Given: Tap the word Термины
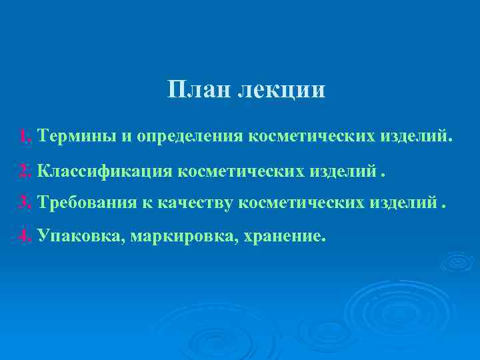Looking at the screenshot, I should pos(77,137).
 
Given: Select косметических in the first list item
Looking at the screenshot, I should pos(311,137).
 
